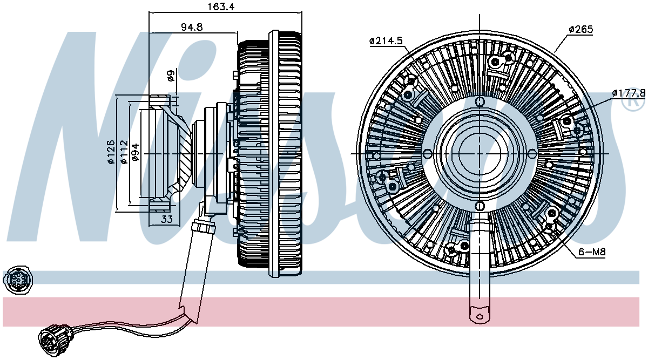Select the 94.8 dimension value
(x=192, y=27)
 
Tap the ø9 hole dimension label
(x=171, y=76)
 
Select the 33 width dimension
(x=167, y=219)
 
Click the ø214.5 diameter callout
(x=386, y=41)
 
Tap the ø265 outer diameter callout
(x=580, y=29)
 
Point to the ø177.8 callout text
(x=628, y=93)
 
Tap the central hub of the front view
(x=480, y=153)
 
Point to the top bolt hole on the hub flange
(x=480, y=101)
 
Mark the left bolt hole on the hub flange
(x=428, y=153)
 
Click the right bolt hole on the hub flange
(x=532, y=153)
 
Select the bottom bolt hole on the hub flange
(x=480, y=206)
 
